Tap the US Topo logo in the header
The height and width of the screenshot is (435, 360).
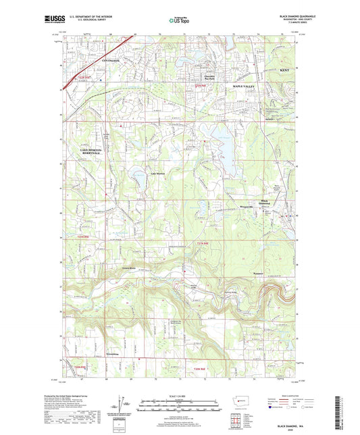tap(179, 20)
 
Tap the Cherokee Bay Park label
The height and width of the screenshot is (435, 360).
tap(204, 76)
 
